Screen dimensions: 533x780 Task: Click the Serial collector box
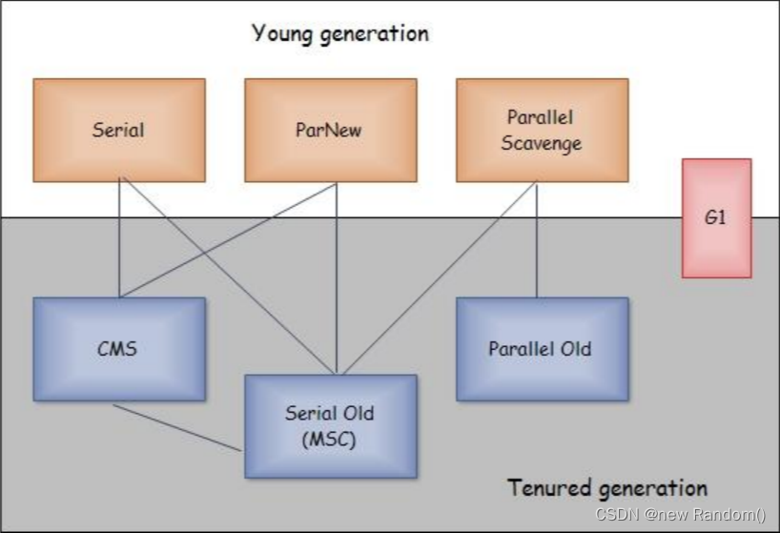(x=118, y=130)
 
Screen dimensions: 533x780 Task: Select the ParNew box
(x=329, y=130)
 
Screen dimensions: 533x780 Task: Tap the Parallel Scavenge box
(x=541, y=130)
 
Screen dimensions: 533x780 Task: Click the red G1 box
(x=716, y=217)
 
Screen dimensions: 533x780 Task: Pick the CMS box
(x=118, y=348)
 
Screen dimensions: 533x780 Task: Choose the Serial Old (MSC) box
(x=330, y=425)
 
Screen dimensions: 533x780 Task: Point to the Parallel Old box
(x=541, y=348)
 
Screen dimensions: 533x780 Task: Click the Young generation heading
(x=339, y=34)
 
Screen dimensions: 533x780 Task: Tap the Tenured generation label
(x=607, y=488)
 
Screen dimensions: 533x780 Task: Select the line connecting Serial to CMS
(x=118, y=238)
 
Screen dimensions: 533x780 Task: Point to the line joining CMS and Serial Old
(x=176, y=426)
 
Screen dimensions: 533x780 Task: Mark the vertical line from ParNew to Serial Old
(x=336, y=277)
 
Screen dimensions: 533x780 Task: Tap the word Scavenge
(x=541, y=145)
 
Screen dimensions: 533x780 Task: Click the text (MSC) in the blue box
(x=330, y=439)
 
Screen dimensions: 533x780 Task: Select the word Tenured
(x=548, y=488)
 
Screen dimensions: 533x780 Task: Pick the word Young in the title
(x=281, y=34)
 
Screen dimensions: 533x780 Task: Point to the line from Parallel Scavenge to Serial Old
(x=439, y=277)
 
